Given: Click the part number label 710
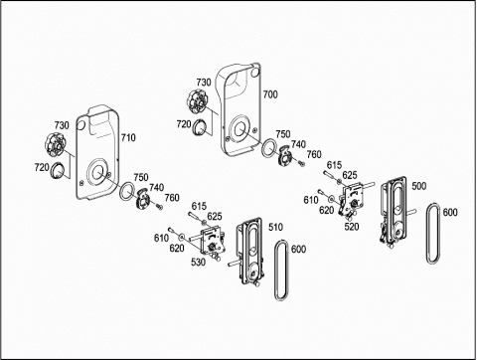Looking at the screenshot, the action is [x=128, y=137].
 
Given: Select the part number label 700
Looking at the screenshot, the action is [x=270, y=94].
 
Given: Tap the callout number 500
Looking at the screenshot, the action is [x=419, y=186].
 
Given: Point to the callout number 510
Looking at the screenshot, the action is [x=275, y=227].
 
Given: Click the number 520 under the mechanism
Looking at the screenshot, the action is [x=352, y=227].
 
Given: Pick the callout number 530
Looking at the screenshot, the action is [x=198, y=262].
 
